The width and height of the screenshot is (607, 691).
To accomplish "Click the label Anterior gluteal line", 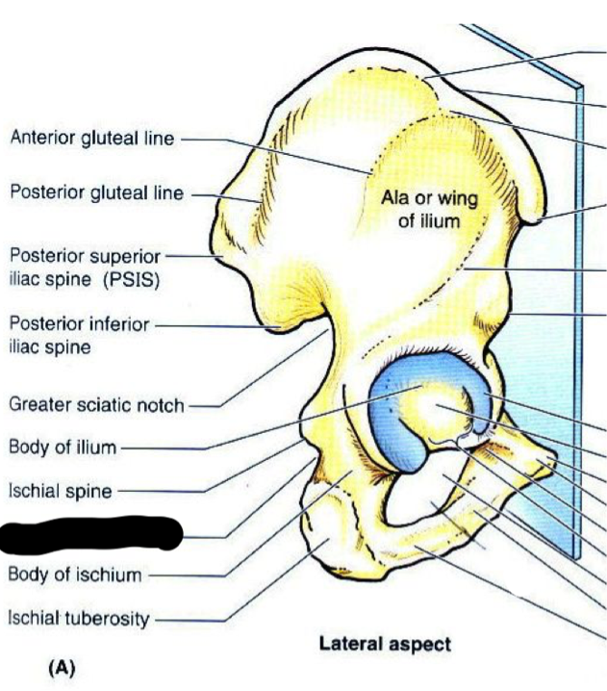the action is pyautogui.click(x=92, y=139).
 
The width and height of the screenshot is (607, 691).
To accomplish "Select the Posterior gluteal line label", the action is pyautogui.click(x=96, y=193).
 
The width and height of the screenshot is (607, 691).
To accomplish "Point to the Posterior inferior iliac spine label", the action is pyautogui.click(x=79, y=335).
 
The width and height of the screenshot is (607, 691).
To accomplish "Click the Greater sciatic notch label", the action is pyautogui.click(x=96, y=404).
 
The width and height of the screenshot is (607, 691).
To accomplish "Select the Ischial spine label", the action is pyautogui.click(x=61, y=491).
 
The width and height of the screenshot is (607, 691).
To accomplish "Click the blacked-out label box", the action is pyautogui.click(x=91, y=534).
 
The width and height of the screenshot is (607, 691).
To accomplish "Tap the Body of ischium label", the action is pyautogui.click(x=75, y=576).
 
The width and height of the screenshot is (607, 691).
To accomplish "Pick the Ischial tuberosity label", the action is pyautogui.click(x=79, y=618).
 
